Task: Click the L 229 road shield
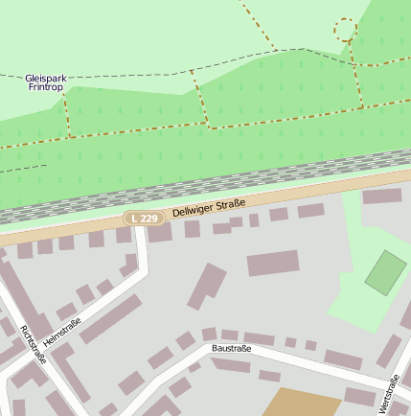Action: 140,219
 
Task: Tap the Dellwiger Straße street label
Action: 209,207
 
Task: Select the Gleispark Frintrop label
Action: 45,81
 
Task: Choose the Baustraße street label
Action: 231,349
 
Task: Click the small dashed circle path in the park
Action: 345,29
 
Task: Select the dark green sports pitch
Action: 386,272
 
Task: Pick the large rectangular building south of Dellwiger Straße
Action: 273,263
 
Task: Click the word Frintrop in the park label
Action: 45,87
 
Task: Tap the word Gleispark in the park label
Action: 45,77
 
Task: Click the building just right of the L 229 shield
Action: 159,233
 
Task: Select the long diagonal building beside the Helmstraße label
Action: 110,319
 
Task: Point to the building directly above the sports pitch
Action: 381,196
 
